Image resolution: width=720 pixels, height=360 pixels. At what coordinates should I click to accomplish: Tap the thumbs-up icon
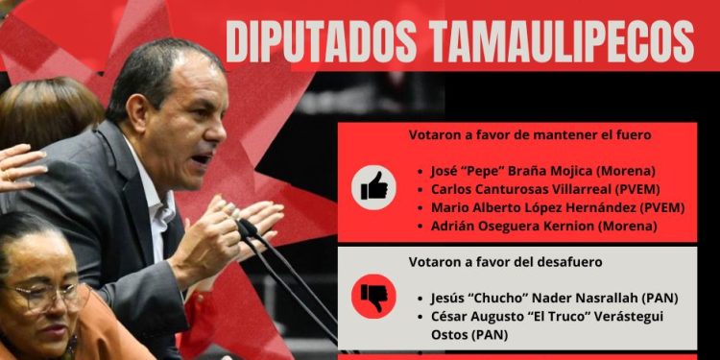pos(373,184)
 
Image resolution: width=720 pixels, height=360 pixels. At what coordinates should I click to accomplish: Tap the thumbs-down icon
pos(373,298)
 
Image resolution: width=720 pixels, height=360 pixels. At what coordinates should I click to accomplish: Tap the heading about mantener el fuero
pos(516,135)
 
